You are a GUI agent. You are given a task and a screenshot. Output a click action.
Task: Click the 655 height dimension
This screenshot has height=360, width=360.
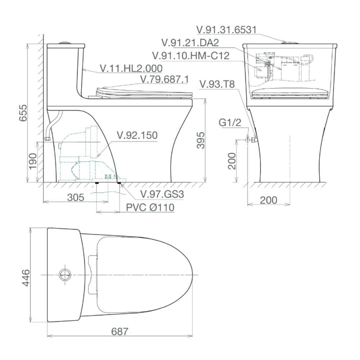pos(23,113)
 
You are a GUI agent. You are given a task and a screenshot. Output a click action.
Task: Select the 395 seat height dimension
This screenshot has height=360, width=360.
pos(201,140)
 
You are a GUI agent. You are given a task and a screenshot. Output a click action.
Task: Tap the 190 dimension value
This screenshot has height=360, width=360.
pos(33,161)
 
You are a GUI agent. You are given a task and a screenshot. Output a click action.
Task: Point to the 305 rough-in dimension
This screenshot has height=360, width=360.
pos(76,197)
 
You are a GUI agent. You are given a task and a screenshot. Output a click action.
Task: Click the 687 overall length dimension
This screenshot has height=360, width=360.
pos(120,332)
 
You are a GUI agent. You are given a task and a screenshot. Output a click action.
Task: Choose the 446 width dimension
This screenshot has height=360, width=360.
pos(26,278)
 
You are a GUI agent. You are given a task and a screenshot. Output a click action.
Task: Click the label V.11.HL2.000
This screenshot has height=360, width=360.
pos(131,68)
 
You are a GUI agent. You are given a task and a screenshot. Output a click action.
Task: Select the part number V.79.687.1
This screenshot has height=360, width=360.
pos(165,80)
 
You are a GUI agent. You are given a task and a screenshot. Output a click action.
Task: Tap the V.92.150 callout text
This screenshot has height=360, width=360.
pos(137,135)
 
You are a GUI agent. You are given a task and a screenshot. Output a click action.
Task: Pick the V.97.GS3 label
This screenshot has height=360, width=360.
pos(162,194)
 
